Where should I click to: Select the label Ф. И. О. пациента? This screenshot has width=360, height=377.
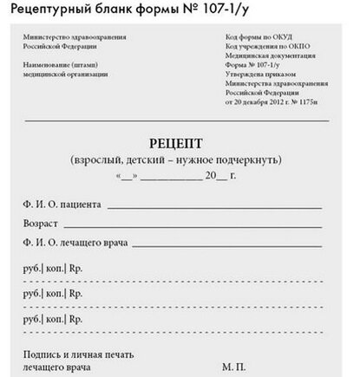point(62,205)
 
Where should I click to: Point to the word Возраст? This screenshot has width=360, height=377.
point(43,224)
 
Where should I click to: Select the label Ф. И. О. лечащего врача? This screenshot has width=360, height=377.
point(75,244)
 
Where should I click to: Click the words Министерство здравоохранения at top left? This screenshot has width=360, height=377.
point(75,38)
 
